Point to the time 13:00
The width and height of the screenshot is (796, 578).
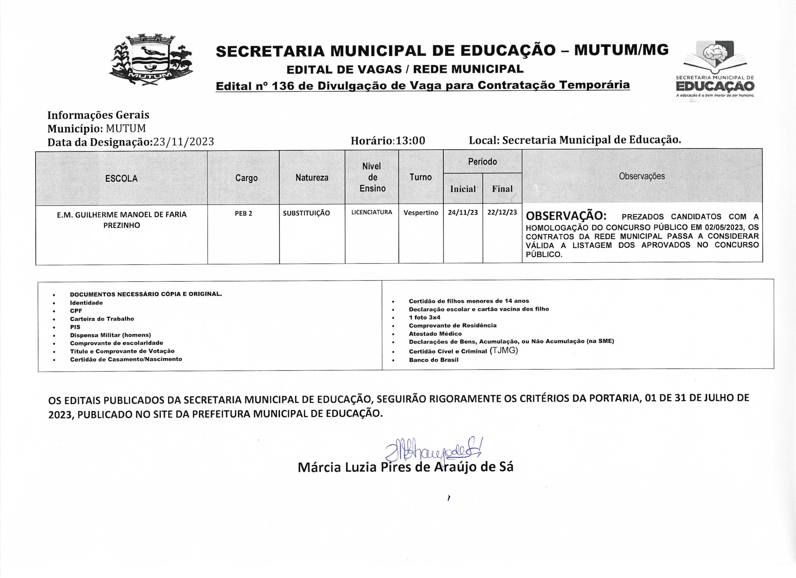click(410, 141)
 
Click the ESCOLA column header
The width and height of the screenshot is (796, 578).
click(122, 178)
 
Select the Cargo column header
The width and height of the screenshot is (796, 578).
click(246, 178)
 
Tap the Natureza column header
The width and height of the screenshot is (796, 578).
click(312, 178)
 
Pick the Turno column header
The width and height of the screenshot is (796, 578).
click(420, 177)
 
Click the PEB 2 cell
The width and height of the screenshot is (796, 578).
click(243, 213)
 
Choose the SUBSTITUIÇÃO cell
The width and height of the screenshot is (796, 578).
click(306, 213)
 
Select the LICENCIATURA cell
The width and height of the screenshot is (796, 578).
click(372, 212)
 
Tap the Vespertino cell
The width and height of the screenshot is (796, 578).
click(421, 212)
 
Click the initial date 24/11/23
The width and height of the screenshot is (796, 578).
click(463, 212)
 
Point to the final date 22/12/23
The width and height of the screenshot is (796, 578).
click(502, 212)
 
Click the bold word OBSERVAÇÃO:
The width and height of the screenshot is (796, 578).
click(566, 216)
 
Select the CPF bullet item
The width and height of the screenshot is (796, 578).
click(76, 311)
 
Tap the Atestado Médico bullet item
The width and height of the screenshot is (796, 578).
click(435, 334)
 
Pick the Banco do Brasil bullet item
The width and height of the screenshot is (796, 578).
click(433, 360)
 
